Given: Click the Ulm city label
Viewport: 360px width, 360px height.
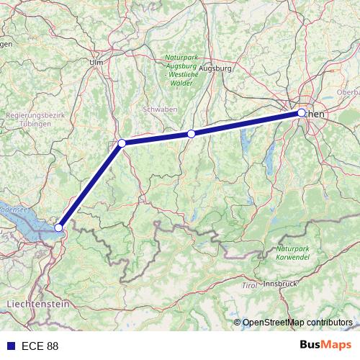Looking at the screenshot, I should coord(96,61).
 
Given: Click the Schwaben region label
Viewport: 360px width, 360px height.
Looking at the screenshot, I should coord(161,109).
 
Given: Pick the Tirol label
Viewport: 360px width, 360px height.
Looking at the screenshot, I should coord(249,286).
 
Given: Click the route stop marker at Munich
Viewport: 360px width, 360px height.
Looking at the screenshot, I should coord(302,113).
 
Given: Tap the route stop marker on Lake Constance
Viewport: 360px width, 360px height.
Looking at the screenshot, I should coord(59,228).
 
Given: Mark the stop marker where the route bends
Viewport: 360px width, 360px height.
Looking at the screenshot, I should coord(122,143).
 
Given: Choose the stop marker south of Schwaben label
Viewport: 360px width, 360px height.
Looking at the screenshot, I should coord(191,134).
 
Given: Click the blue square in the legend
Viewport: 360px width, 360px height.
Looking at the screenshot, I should coord(8,346).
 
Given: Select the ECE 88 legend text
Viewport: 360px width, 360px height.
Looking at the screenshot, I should coord(40,346).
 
